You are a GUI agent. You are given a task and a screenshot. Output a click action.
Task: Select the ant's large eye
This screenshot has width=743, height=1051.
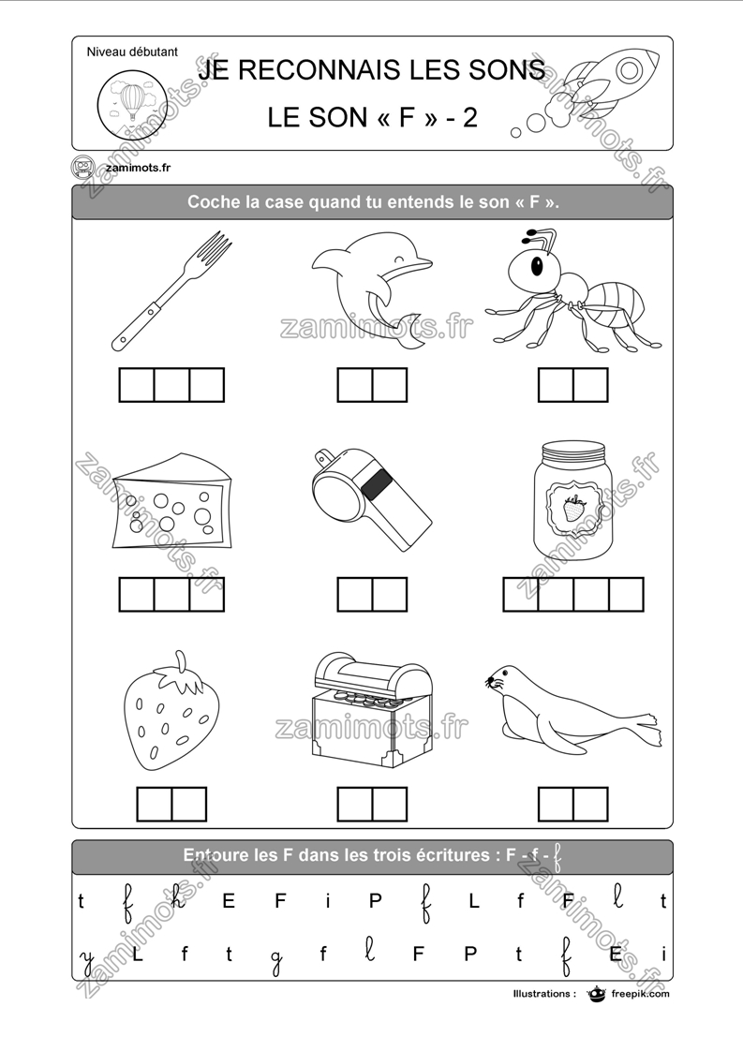point(537,267)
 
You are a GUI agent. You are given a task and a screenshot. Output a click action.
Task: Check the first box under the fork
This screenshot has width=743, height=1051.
point(137,385)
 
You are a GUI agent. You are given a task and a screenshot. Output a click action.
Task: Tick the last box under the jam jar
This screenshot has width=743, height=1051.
point(626,594)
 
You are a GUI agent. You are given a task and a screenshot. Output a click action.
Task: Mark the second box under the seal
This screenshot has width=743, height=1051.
point(590,804)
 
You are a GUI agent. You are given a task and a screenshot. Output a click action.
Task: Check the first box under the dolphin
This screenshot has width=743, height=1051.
point(355,385)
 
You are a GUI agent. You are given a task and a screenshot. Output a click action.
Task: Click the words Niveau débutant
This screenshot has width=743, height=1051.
point(131,52)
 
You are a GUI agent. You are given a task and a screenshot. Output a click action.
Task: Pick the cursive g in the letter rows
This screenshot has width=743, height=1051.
point(276,956)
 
